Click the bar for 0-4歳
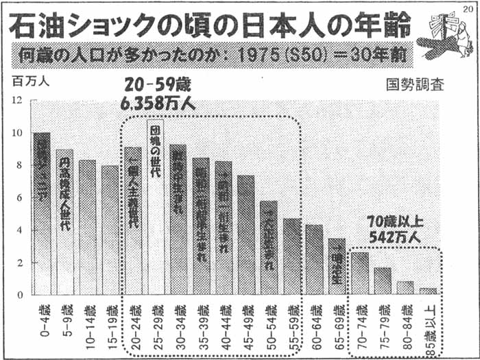click(x=42, y=213)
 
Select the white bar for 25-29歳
click(x=155, y=206)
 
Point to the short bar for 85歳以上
click(x=427, y=291)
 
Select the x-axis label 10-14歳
click(x=88, y=317)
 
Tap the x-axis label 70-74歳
click(x=359, y=317)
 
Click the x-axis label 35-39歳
click(x=201, y=317)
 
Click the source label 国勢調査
click(x=414, y=86)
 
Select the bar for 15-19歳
click(x=110, y=230)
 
